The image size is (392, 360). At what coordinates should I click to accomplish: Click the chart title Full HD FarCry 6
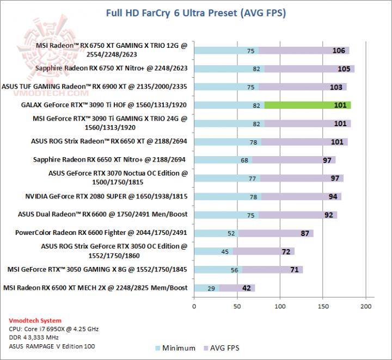coord(196,12)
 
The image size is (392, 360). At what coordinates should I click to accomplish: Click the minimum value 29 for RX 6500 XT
coord(210,288)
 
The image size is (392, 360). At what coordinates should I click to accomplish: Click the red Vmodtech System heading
coord(36,320)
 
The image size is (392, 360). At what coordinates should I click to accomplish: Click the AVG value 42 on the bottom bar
coord(247,288)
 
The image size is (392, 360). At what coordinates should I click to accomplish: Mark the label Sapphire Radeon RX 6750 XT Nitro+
coord(111,69)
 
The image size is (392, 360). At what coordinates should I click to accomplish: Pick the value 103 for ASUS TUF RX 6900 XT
coord(336,87)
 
